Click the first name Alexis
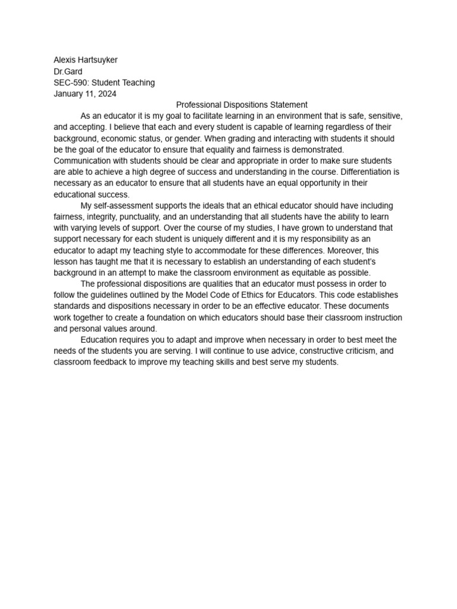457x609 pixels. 65,60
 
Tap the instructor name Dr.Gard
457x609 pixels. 68,71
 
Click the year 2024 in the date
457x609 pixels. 107,94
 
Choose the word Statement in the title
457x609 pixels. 288,105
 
